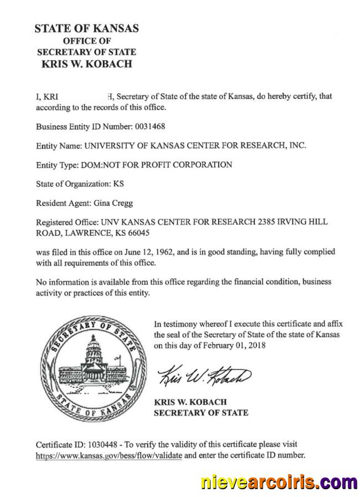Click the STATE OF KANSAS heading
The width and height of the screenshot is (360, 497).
(x=86, y=28)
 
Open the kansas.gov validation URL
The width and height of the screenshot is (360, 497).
(x=109, y=455)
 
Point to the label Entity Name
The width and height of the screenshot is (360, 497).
(x=58, y=146)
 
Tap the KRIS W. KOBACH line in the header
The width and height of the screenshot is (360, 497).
(x=86, y=63)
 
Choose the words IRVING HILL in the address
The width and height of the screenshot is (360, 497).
(x=305, y=222)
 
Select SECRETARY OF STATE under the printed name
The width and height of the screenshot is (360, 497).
(x=200, y=412)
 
